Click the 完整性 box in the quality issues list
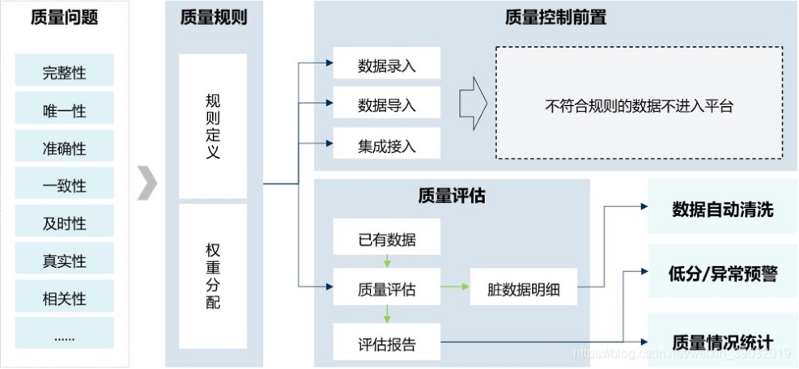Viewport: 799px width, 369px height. tap(64, 72)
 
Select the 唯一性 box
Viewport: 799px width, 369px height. tap(64, 110)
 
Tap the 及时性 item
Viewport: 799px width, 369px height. tap(64, 223)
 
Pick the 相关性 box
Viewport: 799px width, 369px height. tap(64, 299)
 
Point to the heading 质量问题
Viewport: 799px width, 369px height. tap(64, 18)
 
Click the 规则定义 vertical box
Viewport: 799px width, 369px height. tap(213, 125)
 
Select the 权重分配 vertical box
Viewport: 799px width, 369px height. tap(213, 276)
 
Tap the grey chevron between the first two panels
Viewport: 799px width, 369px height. tap(147, 184)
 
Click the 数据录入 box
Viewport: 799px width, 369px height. tap(386, 66)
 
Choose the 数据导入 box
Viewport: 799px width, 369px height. tap(386, 104)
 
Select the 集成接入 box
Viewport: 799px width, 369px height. tap(386, 145)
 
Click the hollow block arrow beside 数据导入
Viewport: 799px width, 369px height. tap(472, 104)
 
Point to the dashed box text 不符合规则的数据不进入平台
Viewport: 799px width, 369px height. tap(639, 105)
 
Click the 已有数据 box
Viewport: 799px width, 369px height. tap(386, 240)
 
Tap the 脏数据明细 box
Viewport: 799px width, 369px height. tap(524, 287)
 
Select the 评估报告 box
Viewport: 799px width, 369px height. tap(386, 343)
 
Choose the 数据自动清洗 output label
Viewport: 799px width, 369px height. tap(722, 210)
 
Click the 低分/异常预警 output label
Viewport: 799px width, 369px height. tap(722, 274)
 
